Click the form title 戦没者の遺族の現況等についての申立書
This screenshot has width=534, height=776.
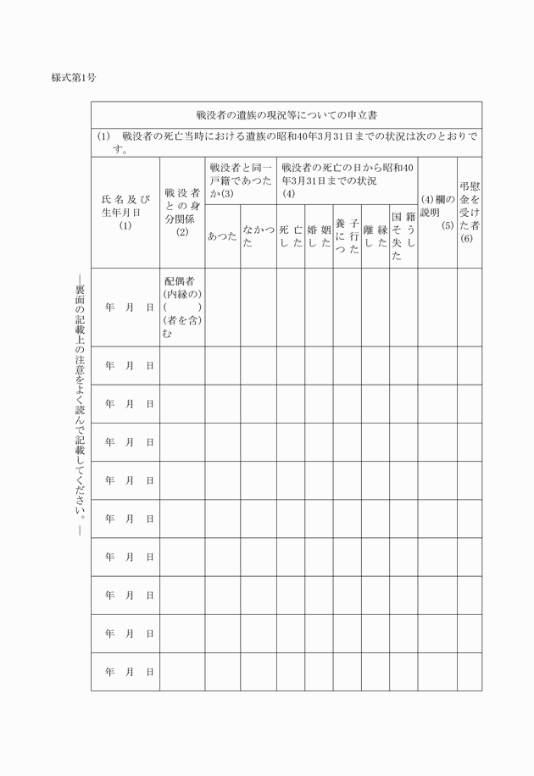286,114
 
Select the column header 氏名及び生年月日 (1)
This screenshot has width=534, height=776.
125,212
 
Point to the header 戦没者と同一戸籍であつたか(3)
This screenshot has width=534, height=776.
240,180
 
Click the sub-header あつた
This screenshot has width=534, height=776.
221,236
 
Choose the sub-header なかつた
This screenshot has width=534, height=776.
258,236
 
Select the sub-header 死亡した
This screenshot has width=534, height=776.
290,236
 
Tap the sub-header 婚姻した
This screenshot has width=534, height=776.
319,236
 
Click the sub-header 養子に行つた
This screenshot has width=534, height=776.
347,236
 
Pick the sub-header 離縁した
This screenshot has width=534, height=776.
375,236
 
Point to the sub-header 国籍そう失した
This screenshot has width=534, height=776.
403,236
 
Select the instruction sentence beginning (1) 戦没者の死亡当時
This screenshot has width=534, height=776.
286,142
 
